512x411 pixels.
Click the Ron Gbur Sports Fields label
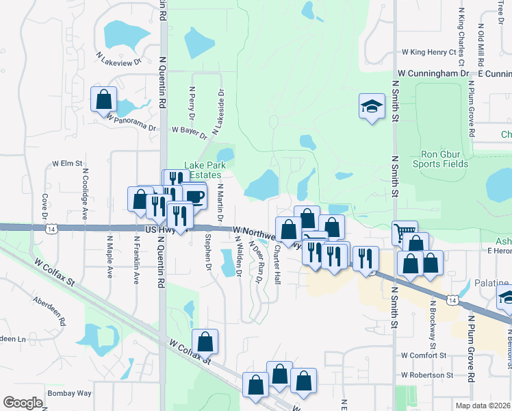440,159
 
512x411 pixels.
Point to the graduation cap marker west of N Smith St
372,106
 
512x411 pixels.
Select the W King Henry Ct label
428,52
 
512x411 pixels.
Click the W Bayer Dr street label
189,130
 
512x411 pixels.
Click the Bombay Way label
69,393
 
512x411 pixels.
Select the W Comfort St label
424,356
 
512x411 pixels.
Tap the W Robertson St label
427,375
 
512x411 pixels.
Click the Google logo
23,403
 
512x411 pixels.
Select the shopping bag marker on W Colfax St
205,341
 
